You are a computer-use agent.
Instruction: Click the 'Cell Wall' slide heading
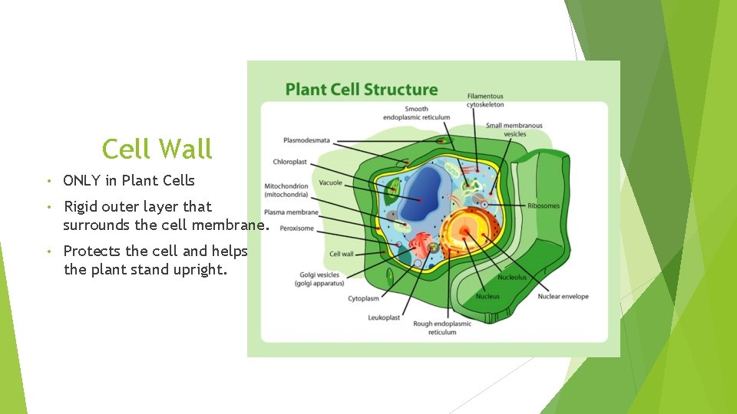coord(157,149)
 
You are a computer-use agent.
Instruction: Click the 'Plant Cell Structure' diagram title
coord(361,90)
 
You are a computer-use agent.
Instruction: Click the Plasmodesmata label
coord(306,140)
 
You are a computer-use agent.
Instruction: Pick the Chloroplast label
coord(289,162)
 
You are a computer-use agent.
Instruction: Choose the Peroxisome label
coord(296,228)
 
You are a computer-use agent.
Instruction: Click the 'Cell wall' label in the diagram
coord(341,255)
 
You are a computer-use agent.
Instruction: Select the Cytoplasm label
coord(362,299)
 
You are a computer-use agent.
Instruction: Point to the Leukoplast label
coord(384,317)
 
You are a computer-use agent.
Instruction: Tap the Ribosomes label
coord(544,205)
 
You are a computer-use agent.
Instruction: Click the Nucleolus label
coord(512,278)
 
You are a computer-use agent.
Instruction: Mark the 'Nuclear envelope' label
coord(563,297)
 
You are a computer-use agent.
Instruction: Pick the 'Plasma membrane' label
coord(291,212)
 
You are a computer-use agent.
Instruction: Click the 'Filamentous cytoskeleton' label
coord(485,100)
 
